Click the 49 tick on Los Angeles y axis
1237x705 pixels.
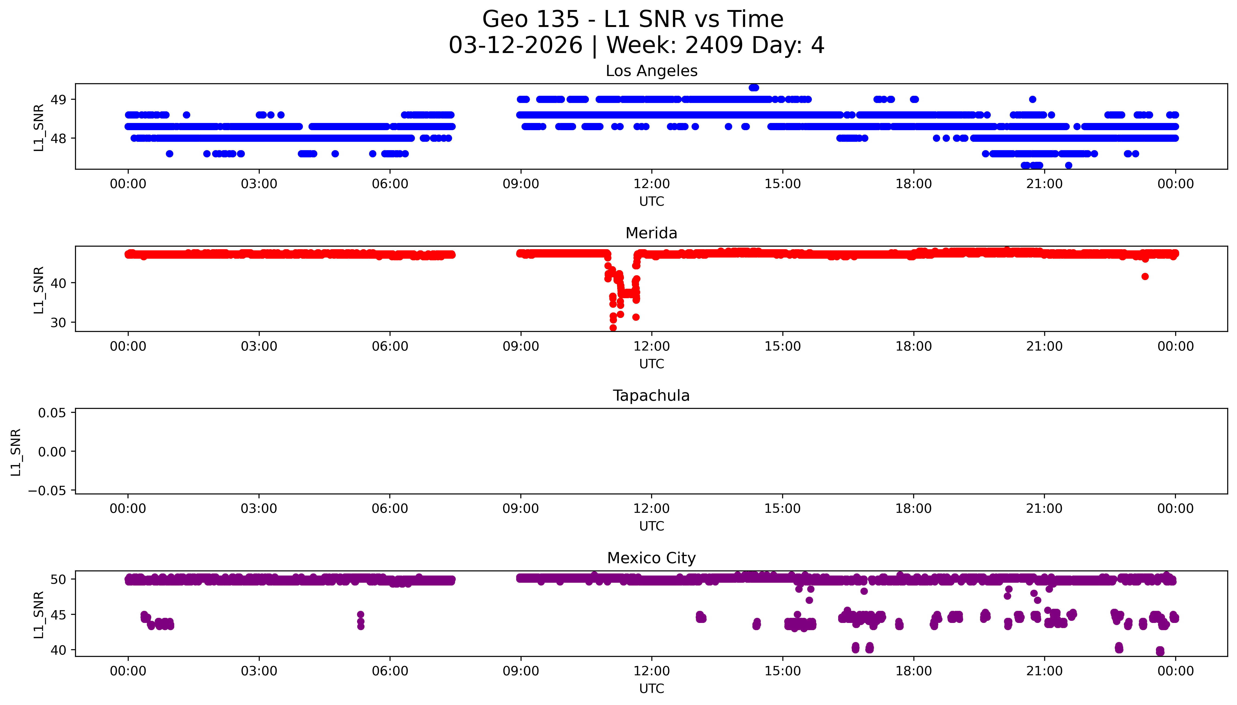59,100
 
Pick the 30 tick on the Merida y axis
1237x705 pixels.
59,322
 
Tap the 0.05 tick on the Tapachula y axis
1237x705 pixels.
52,413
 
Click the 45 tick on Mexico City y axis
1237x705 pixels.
59,615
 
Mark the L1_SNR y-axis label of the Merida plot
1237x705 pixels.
39,290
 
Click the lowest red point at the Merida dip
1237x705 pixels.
613,328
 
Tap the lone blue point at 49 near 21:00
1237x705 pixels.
1032,99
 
